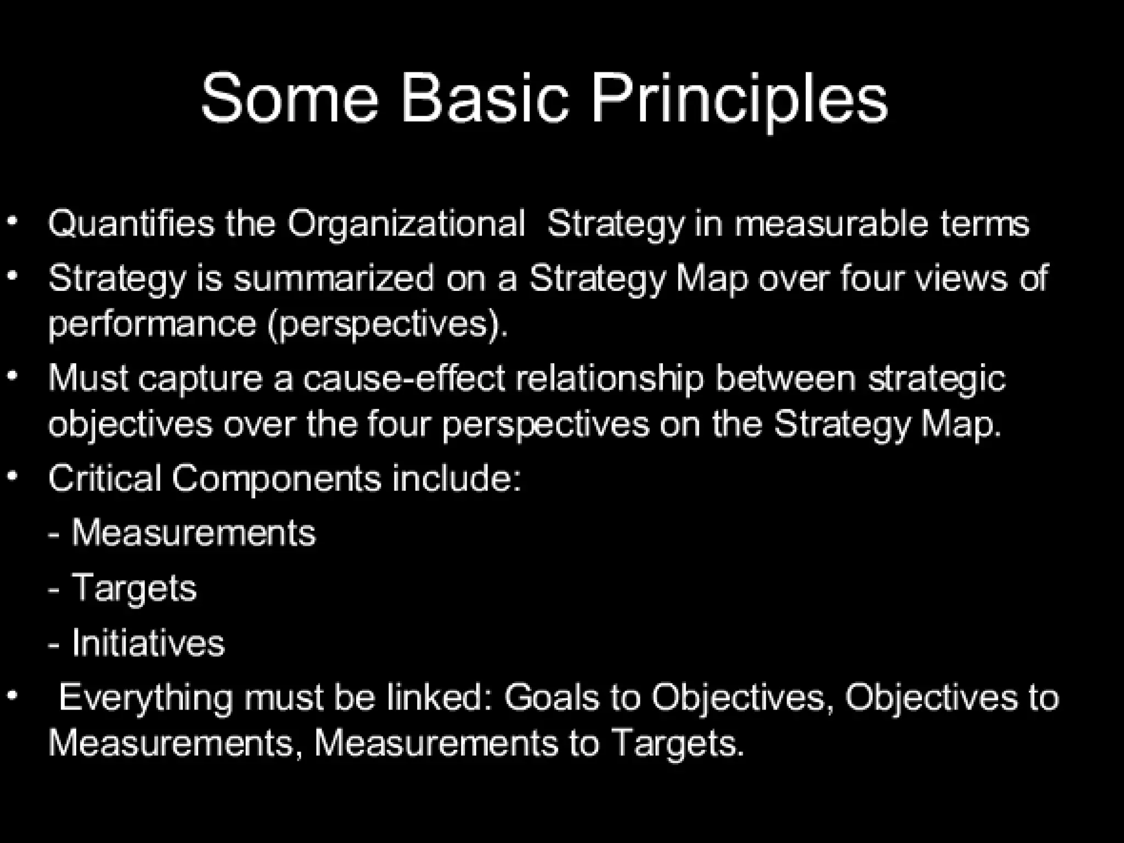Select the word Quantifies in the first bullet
131,224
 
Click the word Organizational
406,224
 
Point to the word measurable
831,224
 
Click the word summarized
334,278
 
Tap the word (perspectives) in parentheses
387,324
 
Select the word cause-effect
404,379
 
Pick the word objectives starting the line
130,424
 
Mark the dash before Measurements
54,534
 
